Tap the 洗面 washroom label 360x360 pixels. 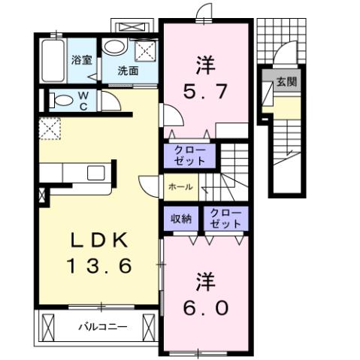point(128,71)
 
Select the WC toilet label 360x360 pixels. point(83,101)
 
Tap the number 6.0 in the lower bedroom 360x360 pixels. point(204,307)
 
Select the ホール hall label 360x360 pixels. point(179,186)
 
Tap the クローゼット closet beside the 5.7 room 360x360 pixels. point(190,155)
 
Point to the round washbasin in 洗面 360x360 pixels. point(115,47)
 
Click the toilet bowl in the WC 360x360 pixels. point(59,100)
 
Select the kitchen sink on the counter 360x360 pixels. point(95,173)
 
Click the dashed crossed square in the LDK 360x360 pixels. point(50,129)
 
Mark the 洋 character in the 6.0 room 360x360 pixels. point(204,283)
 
